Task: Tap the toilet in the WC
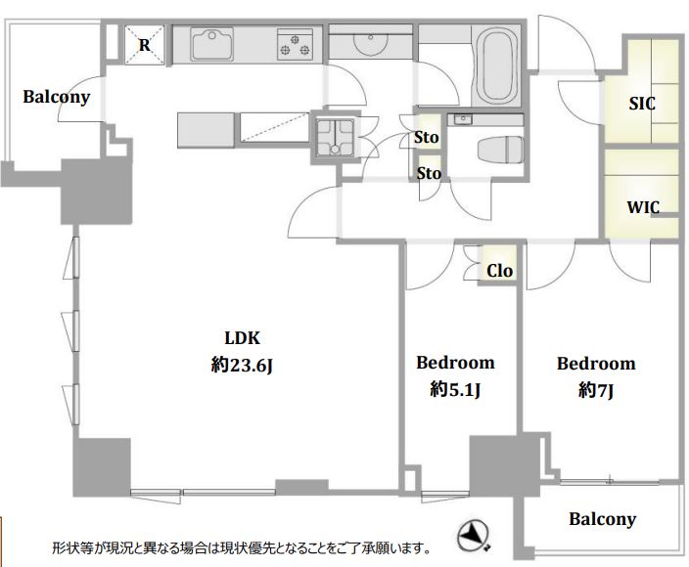point(500,150)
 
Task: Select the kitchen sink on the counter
point(211,44)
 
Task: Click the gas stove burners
point(295,45)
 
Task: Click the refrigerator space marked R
point(145,45)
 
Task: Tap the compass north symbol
point(474,536)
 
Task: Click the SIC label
point(642,104)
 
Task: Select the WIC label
point(643,206)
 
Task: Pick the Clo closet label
point(499,271)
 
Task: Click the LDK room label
point(242,338)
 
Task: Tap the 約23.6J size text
point(242,365)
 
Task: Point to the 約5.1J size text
point(455,389)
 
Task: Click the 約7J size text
point(596,390)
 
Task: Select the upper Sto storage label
point(427,138)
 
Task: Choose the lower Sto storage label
point(429,173)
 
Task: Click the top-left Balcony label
point(56,97)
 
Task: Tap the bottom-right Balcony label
point(603,519)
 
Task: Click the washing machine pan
point(336,137)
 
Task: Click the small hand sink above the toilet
point(463,120)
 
